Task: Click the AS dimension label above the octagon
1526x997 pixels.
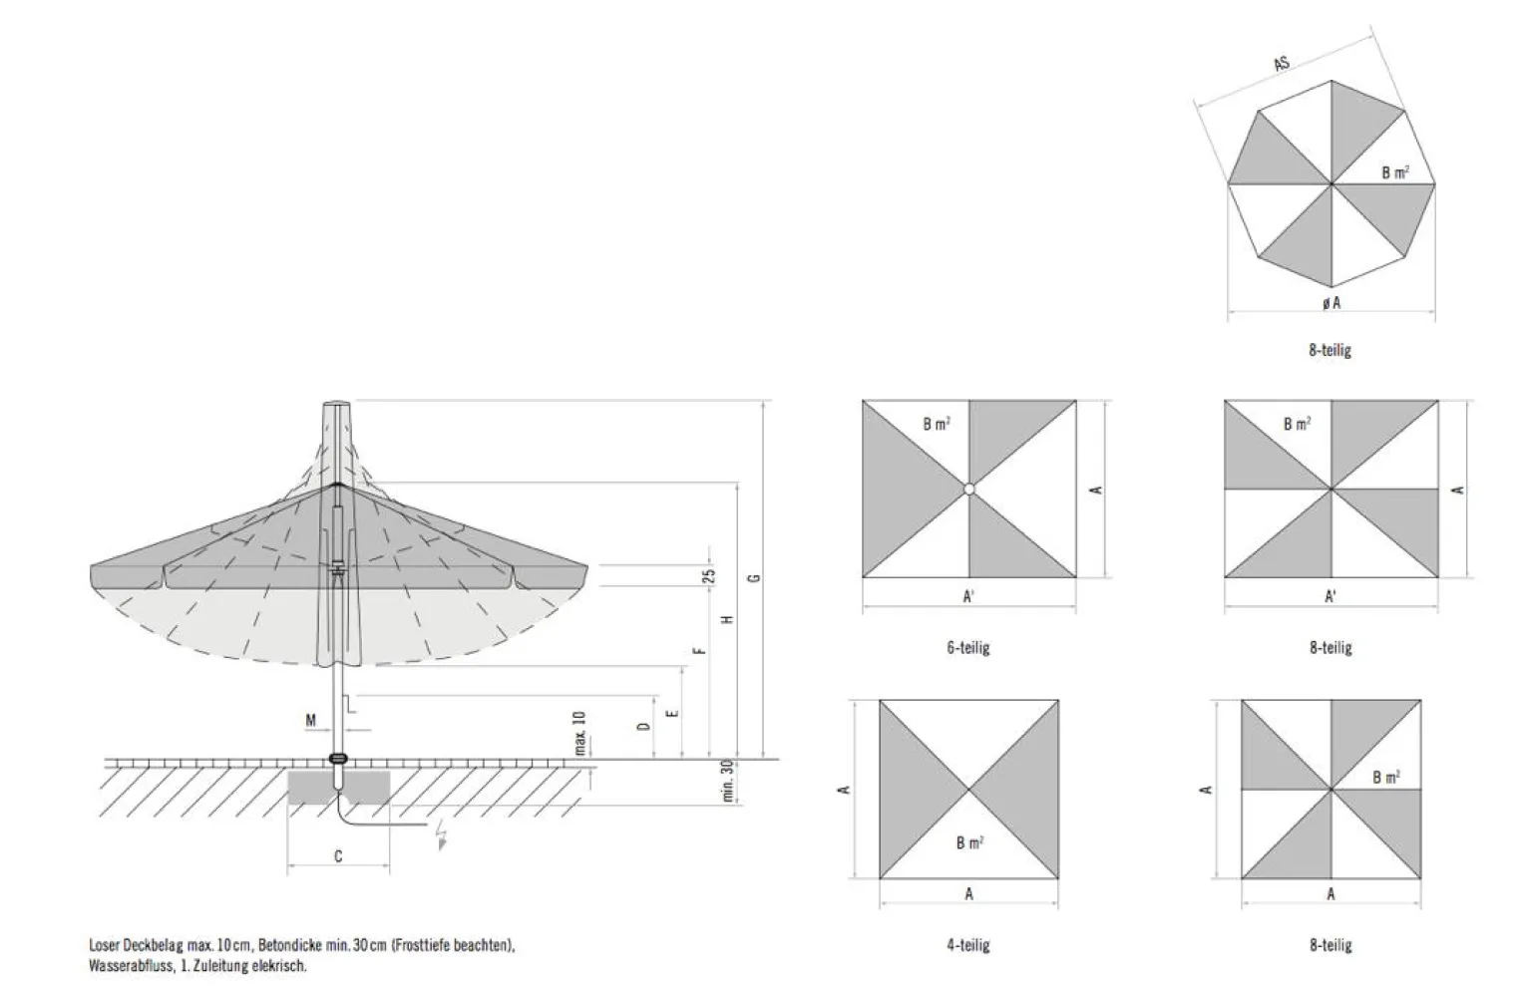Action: [x=1282, y=64]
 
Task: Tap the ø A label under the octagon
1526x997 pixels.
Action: [x=1332, y=303]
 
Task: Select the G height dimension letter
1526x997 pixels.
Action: [x=753, y=578]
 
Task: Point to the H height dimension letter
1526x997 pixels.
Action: [x=727, y=619]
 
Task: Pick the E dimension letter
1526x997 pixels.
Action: [x=672, y=714]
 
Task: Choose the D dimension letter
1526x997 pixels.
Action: [x=643, y=727]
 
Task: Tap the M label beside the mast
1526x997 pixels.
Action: [x=310, y=721]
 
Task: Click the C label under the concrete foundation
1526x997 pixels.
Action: [x=338, y=856]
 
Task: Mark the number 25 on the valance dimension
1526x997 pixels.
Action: [x=709, y=576]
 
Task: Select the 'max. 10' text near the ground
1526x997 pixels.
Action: [x=579, y=733]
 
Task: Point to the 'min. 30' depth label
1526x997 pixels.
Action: [x=727, y=781]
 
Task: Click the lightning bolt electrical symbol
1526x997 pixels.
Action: [x=442, y=833]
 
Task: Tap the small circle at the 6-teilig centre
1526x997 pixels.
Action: [x=969, y=489]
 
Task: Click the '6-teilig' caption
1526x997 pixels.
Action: [x=968, y=648]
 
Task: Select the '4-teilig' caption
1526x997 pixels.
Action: [x=968, y=945]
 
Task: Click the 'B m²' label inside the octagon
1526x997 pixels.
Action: [x=1395, y=172]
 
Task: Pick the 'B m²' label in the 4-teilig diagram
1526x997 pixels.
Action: [x=970, y=842]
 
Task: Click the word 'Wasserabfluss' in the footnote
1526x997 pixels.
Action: [x=131, y=966]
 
